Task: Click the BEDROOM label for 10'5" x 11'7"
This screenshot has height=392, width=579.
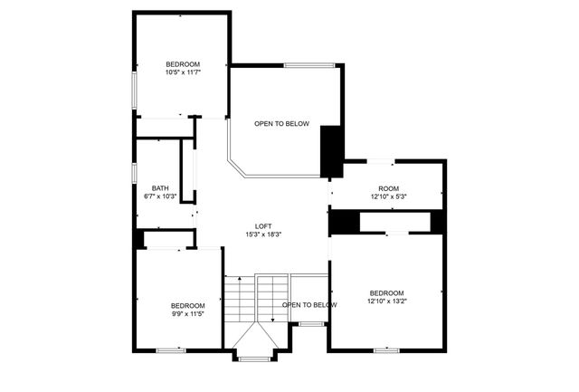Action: tap(183, 63)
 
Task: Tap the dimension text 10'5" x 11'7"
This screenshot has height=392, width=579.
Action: tap(183, 72)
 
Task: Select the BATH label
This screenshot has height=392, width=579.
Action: tap(161, 187)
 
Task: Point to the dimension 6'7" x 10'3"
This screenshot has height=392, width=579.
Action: tap(161, 196)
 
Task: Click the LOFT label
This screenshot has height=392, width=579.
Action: tap(263, 226)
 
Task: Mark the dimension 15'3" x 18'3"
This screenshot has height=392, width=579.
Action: tap(263, 234)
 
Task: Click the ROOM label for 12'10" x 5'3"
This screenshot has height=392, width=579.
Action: tap(389, 187)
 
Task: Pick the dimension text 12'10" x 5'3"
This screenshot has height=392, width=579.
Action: tap(389, 196)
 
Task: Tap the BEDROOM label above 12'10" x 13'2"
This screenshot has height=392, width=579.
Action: tap(386, 292)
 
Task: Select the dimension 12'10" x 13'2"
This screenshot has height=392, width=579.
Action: tap(386, 301)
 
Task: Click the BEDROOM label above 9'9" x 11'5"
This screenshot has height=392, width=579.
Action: tap(188, 305)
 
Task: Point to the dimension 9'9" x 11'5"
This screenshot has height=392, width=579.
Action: tap(188, 314)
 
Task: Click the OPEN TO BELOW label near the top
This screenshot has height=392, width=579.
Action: tap(281, 124)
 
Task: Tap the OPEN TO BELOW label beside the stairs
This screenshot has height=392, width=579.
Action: tap(309, 305)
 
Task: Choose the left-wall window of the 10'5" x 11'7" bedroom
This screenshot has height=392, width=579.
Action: tap(135, 91)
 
